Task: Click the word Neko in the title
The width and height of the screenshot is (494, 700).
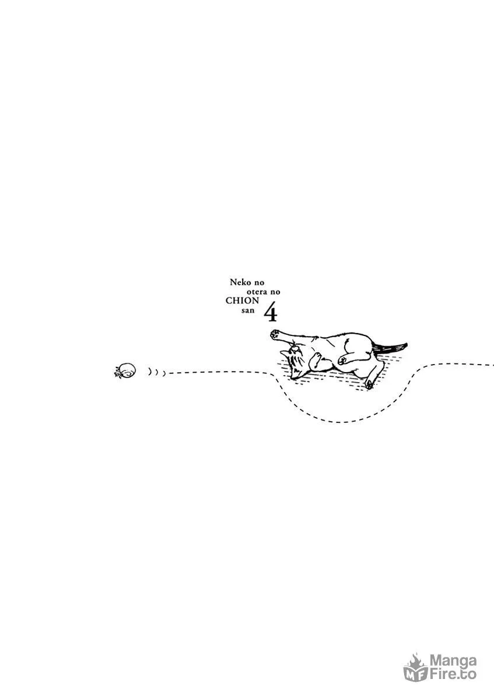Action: (240, 282)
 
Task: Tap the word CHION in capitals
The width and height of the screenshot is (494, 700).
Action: (242, 300)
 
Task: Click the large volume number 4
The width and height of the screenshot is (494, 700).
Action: (271, 314)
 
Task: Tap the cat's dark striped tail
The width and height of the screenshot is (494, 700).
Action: (391, 347)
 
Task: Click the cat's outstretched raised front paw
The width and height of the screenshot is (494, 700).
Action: (275, 334)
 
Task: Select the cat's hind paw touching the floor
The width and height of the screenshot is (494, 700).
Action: (369, 384)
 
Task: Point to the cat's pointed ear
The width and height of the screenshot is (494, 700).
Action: (284, 353)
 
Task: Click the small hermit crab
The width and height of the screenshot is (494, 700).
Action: (125, 370)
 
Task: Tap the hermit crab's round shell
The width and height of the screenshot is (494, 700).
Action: (128, 369)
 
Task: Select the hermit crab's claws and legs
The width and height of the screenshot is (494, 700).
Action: (118, 373)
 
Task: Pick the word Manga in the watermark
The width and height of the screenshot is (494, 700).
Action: (453, 660)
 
